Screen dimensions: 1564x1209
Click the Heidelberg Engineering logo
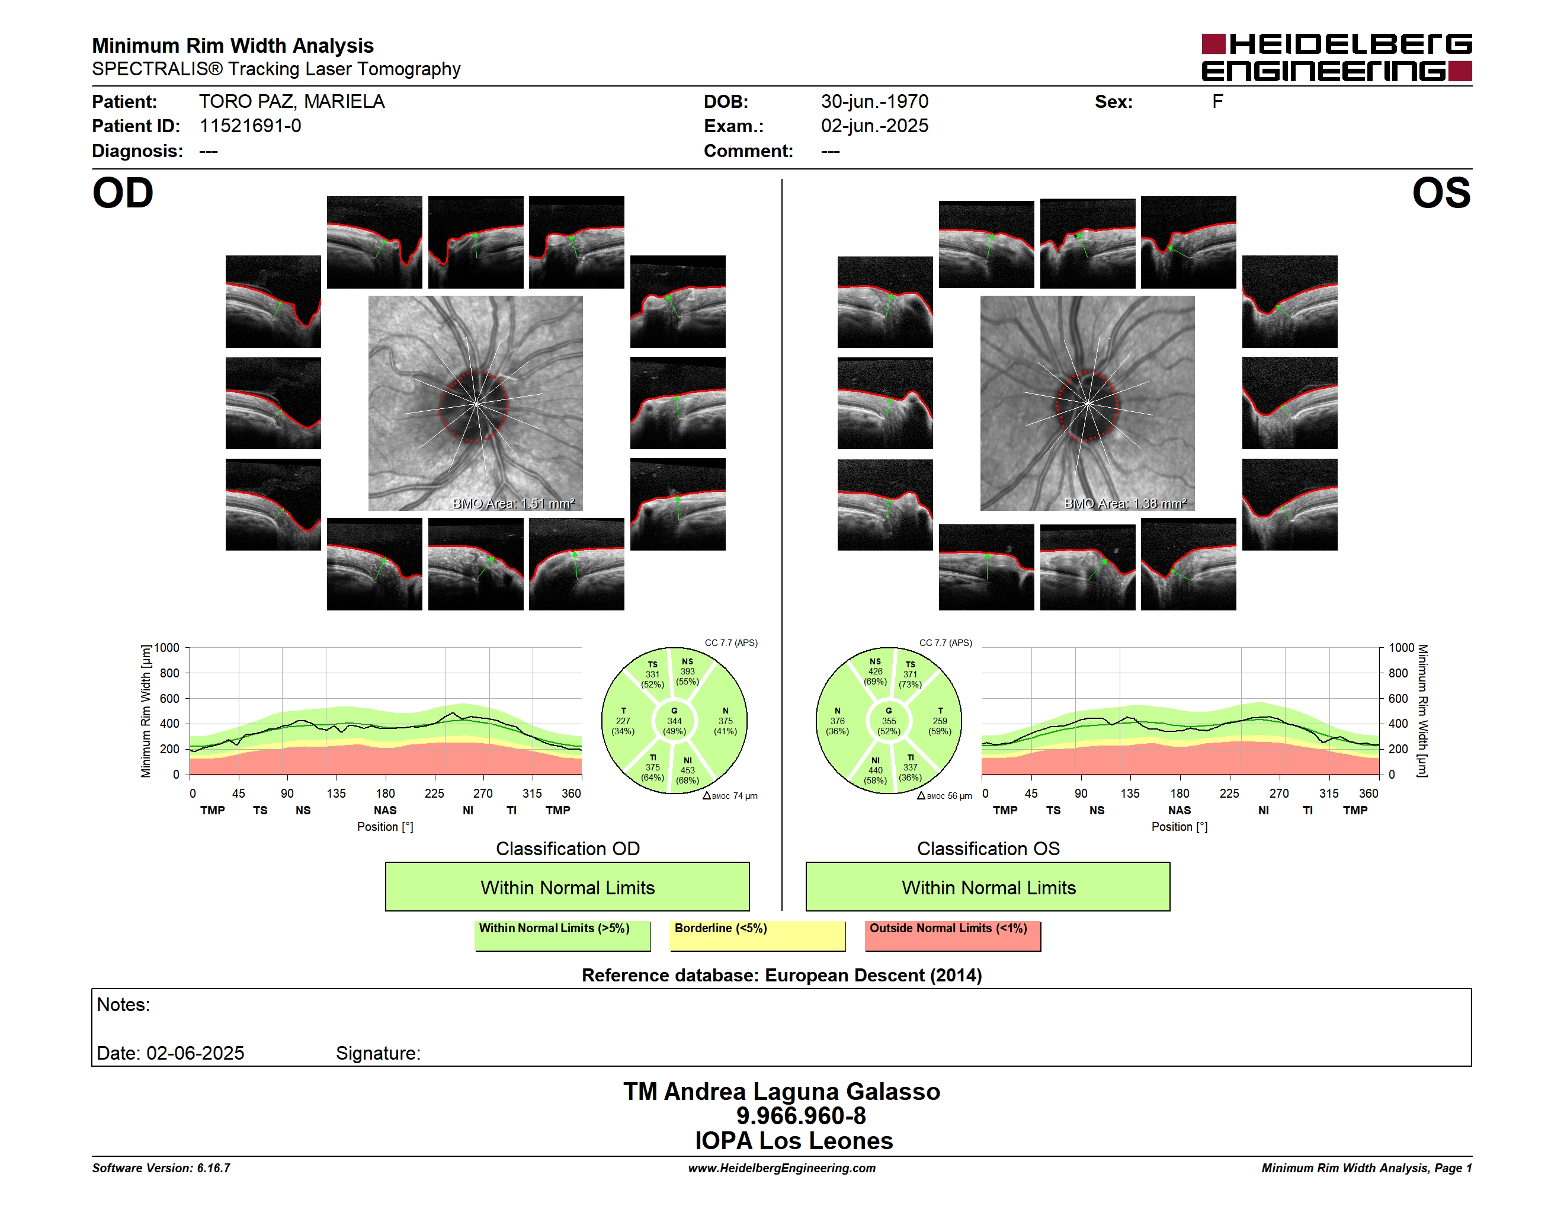[1337, 57]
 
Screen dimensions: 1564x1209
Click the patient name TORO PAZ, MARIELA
[291, 102]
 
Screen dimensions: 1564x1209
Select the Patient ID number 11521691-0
[250, 126]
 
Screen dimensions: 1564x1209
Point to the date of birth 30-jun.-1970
[874, 102]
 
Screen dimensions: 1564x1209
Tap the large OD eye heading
[123, 193]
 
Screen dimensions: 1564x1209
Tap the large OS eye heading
[1441, 193]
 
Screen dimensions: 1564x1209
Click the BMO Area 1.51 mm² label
[514, 504]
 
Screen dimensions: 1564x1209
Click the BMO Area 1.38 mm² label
[1125, 504]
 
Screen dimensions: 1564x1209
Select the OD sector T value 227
[623, 721]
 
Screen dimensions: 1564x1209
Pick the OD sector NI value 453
[687, 770]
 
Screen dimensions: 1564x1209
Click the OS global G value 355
[889, 721]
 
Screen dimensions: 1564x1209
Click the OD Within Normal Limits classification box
[567, 887]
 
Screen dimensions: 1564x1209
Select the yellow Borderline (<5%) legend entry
[758, 935]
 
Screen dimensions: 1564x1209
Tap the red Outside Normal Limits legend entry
[953, 935]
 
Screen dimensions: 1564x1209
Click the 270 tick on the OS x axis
[1279, 794]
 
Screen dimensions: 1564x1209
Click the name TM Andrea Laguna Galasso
[781, 1092]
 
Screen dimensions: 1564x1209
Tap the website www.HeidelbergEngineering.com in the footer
[782, 1168]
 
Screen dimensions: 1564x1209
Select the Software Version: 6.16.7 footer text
[161, 1168]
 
